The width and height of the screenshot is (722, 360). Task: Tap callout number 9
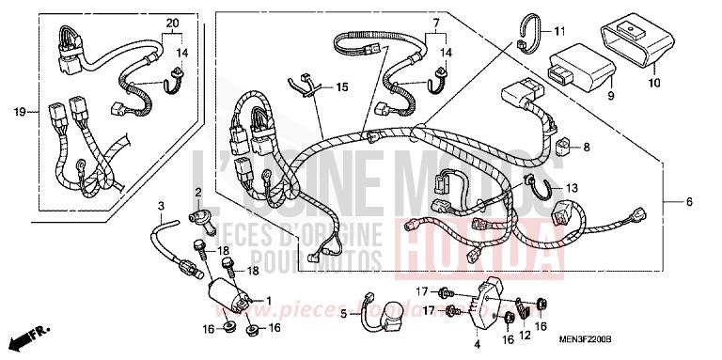tap(609, 95)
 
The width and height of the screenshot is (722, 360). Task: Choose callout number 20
tap(171, 22)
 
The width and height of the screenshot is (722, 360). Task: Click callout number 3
tap(162, 205)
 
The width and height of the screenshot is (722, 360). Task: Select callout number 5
tap(343, 314)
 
